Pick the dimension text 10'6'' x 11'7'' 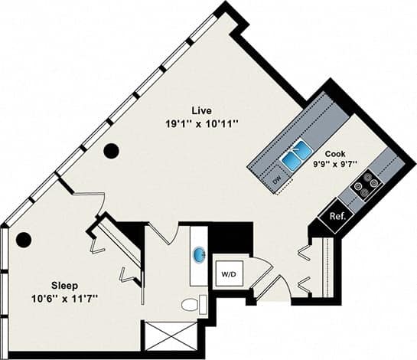pos(64,296)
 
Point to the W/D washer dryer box pos(228,273)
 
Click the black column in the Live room pos(112,151)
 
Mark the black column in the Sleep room pos(24,240)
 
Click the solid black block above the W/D pos(231,237)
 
